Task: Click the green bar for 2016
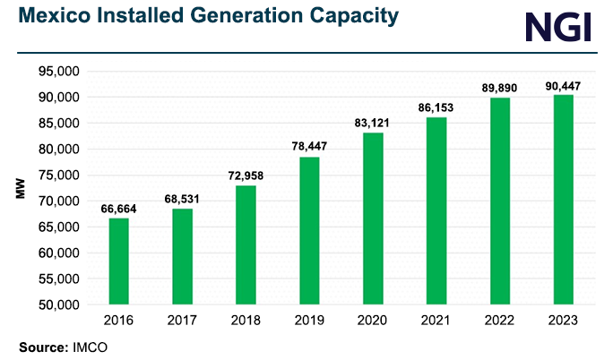click(118, 261)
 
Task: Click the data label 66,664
click(118, 209)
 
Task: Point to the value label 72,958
click(246, 176)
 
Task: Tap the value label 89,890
click(499, 88)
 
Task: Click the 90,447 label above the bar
click(563, 85)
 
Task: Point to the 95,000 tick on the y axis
click(58, 72)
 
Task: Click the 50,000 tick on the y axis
click(58, 305)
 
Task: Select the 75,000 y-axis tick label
click(58, 176)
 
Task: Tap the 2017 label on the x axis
click(182, 320)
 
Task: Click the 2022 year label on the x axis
click(499, 320)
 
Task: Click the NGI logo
click(557, 26)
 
